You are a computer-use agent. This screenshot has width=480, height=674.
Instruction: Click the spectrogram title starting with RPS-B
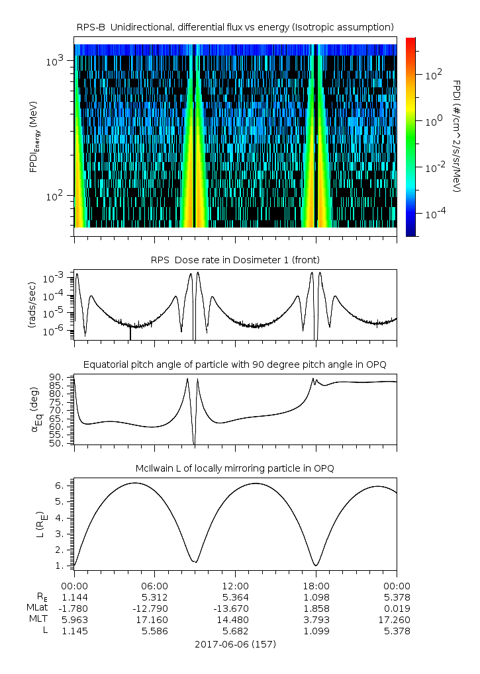(x=235, y=26)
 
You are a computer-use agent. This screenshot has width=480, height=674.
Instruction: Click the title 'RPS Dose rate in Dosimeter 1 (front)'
(x=235, y=259)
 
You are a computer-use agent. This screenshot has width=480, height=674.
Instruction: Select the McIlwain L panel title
(x=235, y=468)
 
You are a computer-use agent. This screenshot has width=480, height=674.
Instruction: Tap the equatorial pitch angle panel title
(x=235, y=364)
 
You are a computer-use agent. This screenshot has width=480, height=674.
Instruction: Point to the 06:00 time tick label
(x=154, y=585)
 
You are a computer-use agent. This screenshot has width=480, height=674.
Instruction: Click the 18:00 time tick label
(x=316, y=585)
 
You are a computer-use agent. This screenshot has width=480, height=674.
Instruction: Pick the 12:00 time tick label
(x=235, y=585)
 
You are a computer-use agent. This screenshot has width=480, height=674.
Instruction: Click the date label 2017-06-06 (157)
(x=235, y=644)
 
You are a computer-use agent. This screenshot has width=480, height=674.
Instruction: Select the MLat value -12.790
(x=154, y=608)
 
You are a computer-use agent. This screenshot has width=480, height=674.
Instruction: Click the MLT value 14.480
(x=235, y=619)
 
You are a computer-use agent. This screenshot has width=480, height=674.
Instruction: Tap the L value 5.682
(x=235, y=630)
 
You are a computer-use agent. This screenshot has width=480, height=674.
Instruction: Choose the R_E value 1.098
(x=316, y=597)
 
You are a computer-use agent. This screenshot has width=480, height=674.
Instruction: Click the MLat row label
(x=36, y=608)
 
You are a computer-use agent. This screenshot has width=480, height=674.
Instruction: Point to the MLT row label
(x=38, y=619)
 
